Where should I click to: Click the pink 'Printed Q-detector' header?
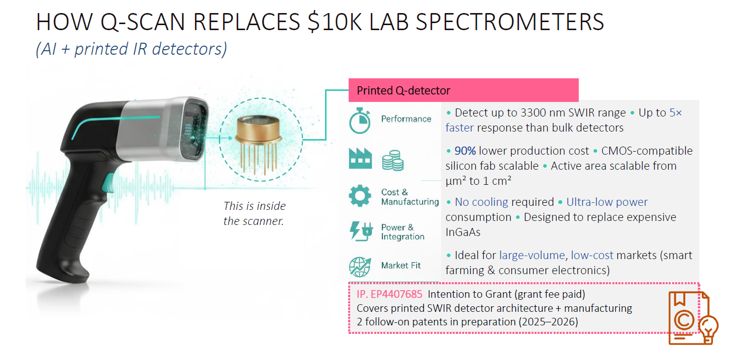[x=463, y=90]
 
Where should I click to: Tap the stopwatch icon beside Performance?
[x=360, y=121]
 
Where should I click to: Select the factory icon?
[x=360, y=159]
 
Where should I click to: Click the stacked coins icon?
[x=393, y=161]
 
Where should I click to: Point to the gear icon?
[x=360, y=196]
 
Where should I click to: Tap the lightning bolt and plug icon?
[x=361, y=231]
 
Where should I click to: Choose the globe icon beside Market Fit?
[x=360, y=267]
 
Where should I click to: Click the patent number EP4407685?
[x=396, y=294]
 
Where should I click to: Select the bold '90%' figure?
[x=465, y=151]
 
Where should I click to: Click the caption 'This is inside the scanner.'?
[x=254, y=213]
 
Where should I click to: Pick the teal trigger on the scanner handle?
[x=109, y=183]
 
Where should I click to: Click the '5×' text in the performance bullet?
[x=676, y=112]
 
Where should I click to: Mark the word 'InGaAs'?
[x=463, y=232]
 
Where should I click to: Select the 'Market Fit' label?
[x=401, y=265]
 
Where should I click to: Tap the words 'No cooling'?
[x=481, y=202]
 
